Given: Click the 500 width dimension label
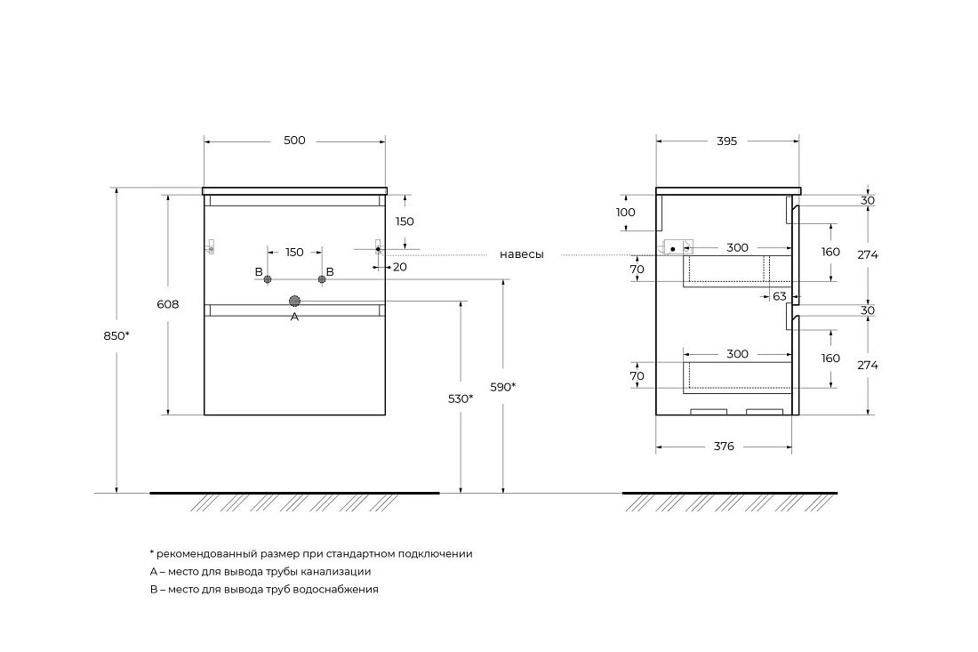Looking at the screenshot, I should click(x=294, y=141).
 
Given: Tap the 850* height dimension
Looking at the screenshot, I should click(x=116, y=335).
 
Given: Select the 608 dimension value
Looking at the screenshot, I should click(x=167, y=304).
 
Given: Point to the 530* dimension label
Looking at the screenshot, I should click(x=460, y=398).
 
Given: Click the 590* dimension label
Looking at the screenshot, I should click(x=503, y=387).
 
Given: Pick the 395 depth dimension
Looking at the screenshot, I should click(x=727, y=141).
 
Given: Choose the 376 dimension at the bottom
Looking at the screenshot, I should click(x=724, y=447).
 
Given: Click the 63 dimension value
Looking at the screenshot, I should click(x=780, y=296).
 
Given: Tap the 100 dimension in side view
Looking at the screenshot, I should click(x=626, y=213).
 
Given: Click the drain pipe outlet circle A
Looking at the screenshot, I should click(x=294, y=301).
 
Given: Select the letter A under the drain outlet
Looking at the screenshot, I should click(x=294, y=317).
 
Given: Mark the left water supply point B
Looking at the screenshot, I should click(x=267, y=279).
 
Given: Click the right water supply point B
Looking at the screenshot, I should click(x=321, y=279).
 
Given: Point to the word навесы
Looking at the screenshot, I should click(x=521, y=254).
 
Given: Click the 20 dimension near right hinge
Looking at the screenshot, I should click(x=399, y=266).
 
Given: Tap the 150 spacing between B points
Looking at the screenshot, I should click(x=294, y=253).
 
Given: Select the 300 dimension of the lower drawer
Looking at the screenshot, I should click(x=737, y=354).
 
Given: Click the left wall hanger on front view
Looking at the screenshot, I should click(x=212, y=247).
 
